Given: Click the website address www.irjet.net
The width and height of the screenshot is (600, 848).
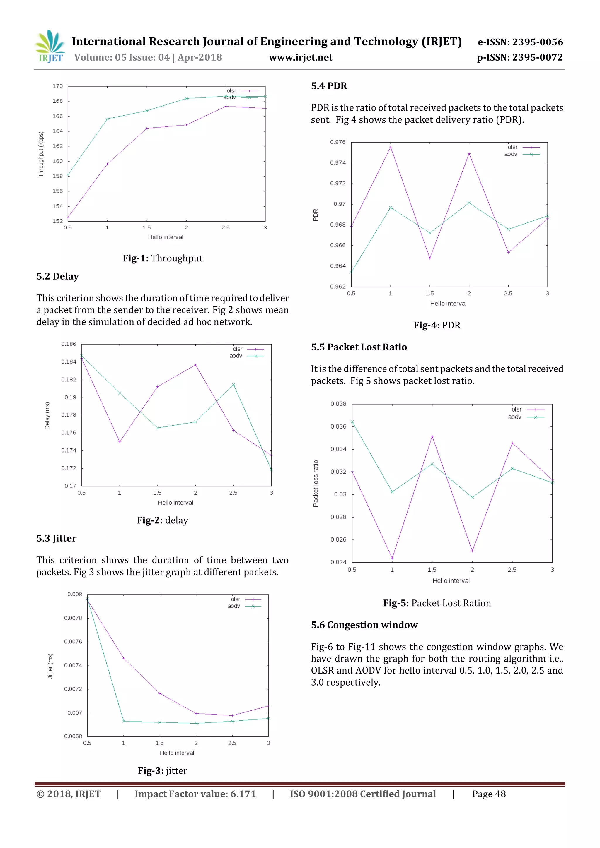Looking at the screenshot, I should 300,57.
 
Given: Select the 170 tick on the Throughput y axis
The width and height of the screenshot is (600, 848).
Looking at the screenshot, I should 58,86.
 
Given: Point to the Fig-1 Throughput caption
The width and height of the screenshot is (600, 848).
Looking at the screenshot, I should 162,258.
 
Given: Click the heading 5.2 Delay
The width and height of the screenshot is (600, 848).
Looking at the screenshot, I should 58,276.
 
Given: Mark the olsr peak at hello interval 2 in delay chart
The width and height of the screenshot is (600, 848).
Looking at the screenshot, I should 196,365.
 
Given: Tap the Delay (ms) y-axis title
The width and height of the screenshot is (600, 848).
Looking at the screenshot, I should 47,415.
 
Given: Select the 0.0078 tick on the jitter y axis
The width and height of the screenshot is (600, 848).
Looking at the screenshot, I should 73,618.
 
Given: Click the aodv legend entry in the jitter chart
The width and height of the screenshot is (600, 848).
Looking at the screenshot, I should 244,606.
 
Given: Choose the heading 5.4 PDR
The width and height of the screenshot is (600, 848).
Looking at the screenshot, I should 329,86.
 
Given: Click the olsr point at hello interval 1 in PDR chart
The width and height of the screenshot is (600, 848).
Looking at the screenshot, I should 391,147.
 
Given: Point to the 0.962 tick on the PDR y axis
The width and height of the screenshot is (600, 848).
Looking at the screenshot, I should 337,286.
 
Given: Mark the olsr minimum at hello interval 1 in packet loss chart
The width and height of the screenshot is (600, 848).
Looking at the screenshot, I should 392,558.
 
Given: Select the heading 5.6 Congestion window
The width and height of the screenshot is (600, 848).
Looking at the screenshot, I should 364,625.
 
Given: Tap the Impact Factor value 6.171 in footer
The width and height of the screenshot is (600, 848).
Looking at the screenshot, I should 195,794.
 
